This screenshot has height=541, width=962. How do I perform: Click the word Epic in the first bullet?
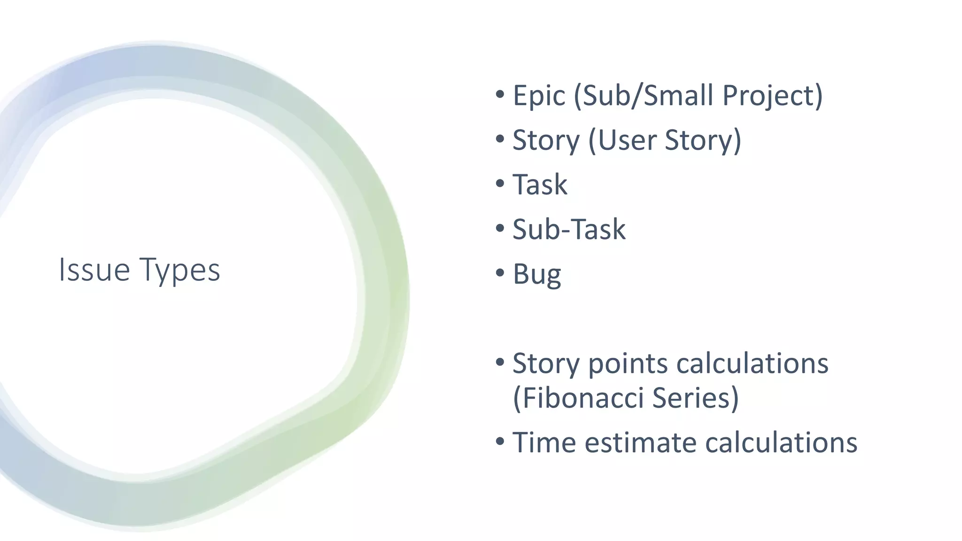[539, 96]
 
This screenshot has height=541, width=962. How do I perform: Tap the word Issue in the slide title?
[94, 270]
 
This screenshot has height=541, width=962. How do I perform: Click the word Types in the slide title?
[179, 271]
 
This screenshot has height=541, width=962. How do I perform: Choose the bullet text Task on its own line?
[540, 185]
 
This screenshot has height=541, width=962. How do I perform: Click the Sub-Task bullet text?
[569, 230]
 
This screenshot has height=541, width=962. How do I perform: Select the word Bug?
[536, 274]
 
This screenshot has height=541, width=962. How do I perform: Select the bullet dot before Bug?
[500, 273]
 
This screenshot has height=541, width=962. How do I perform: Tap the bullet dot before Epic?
[500, 94]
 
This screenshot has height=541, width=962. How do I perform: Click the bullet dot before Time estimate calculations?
[500, 441]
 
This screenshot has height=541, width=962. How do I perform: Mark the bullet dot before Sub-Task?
[500, 228]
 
